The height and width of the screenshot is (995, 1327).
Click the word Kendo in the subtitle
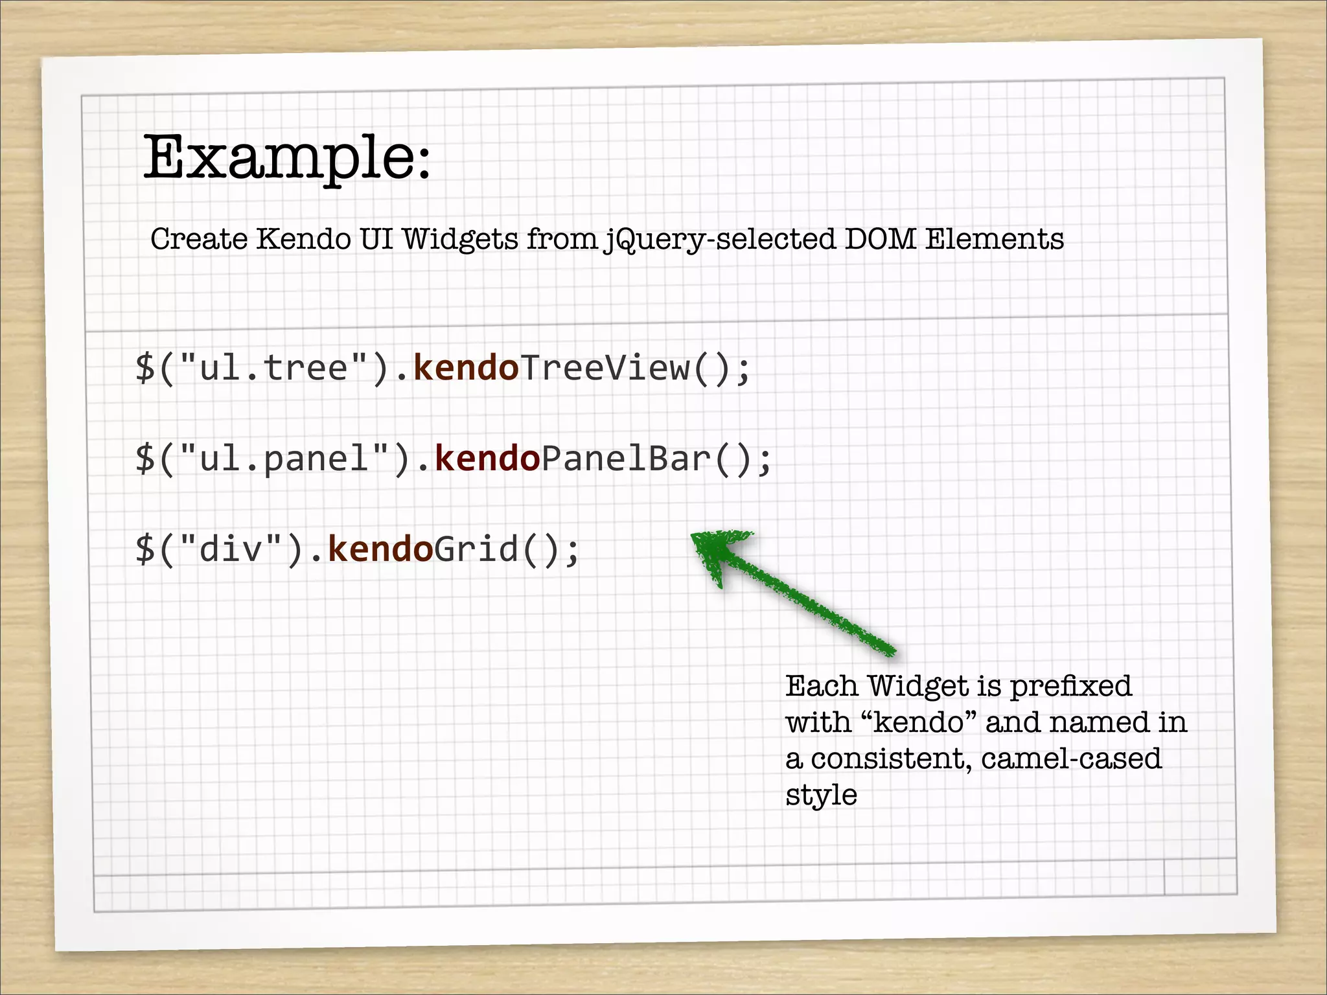tap(303, 239)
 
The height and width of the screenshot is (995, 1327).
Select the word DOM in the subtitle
tap(881, 239)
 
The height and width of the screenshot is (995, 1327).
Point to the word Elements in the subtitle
tap(994, 239)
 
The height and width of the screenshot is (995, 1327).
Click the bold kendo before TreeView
tap(466, 368)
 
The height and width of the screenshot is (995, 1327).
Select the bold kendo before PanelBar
tap(487, 459)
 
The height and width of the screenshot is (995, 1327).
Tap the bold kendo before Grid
tap(380, 549)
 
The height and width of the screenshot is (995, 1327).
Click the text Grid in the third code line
tap(476, 549)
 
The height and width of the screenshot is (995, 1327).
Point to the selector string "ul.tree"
tap(274, 368)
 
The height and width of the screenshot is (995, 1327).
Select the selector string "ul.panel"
tap(284, 459)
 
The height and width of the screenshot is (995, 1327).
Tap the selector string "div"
tap(231, 549)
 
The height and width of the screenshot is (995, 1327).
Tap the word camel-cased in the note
tap(1071, 759)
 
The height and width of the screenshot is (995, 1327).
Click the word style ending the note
tap(821, 795)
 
